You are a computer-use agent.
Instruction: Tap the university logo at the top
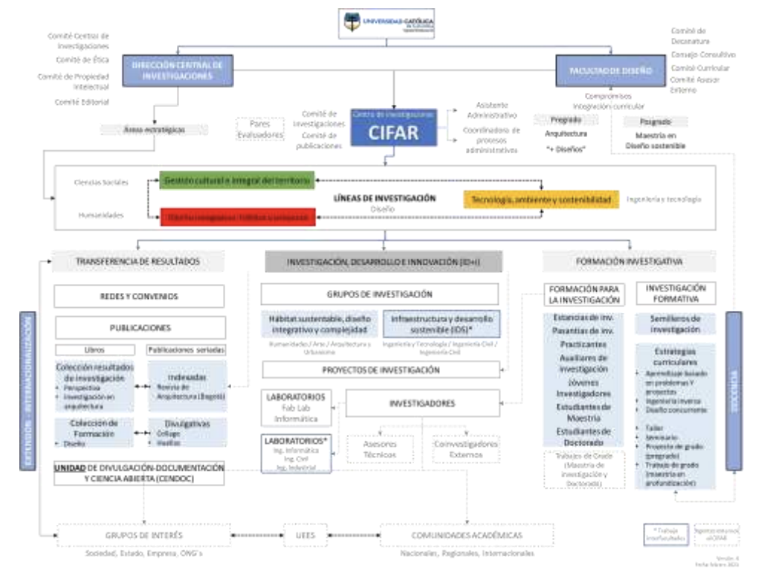coord(386,22)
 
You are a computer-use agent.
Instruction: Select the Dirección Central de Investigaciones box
coord(178,71)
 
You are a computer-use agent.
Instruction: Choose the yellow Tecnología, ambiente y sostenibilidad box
coord(541,200)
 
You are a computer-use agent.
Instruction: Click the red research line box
coord(237,216)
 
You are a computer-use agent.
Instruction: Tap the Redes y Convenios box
coord(139,296)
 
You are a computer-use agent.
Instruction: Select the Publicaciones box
coord(139,327)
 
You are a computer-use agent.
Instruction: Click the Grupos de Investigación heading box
coord(380,294)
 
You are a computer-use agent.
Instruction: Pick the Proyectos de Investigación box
coord(380,370)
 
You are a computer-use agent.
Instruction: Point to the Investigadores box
coord(421,404)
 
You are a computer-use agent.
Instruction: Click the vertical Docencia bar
coord(733,391)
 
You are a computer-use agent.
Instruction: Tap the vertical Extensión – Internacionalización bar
coord(27,391)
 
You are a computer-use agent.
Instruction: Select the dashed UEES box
coord(300,535)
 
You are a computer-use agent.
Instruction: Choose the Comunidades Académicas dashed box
coord(466,535)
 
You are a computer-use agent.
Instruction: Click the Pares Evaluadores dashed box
coord(259,129)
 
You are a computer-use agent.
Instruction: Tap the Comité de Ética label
coord(82,59)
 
